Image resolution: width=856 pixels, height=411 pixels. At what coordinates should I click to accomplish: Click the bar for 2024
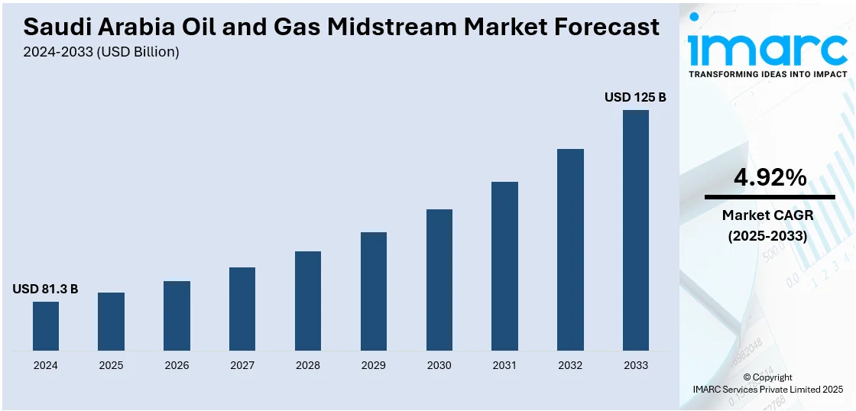pos(46,326)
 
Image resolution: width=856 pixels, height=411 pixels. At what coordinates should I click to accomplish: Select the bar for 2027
pos(242,309)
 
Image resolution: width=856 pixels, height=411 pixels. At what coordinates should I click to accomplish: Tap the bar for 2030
pos(439,280)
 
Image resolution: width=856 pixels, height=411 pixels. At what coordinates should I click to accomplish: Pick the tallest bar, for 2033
pos(636,230)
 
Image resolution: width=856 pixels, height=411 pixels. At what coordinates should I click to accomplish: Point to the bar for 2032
pos(570,250)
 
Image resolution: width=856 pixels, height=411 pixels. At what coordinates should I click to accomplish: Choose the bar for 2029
pos(374,291)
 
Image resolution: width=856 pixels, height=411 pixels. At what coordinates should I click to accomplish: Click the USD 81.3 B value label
pos(45,289)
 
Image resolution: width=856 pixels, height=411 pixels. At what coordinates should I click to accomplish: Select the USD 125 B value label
pos(635,97)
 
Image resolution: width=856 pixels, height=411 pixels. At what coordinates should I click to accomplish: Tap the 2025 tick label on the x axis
pos(111,365)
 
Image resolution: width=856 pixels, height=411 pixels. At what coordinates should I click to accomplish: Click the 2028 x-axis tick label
pos(308,365)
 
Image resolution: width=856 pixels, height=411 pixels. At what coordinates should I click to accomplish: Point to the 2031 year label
pos(504,365)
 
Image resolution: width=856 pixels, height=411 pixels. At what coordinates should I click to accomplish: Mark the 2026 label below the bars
pos(177,365)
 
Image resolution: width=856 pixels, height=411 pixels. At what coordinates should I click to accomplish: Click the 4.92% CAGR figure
pos(770,178)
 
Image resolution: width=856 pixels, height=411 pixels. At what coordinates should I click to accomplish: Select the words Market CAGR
pos(768,215)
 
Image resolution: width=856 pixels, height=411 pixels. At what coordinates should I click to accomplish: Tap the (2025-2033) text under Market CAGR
pos(768,236)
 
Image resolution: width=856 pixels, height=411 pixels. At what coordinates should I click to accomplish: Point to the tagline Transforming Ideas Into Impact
pos(768,74)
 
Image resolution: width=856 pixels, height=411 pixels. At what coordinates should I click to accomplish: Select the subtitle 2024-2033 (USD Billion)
pos(102,52)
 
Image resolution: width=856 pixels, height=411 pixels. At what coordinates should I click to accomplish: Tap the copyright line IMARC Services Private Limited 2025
pos(767,390)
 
